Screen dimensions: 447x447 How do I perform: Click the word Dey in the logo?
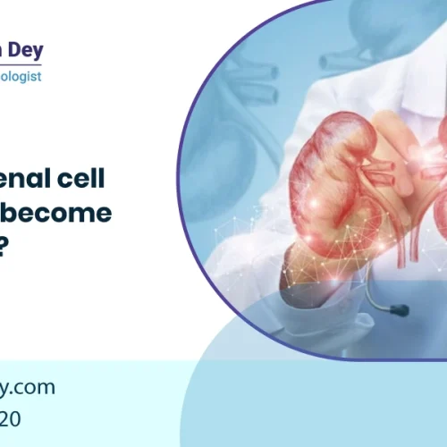pos(22,51)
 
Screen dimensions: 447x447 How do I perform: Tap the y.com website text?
pos(28,387)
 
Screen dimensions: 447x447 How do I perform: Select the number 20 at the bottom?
pos(18,418)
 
